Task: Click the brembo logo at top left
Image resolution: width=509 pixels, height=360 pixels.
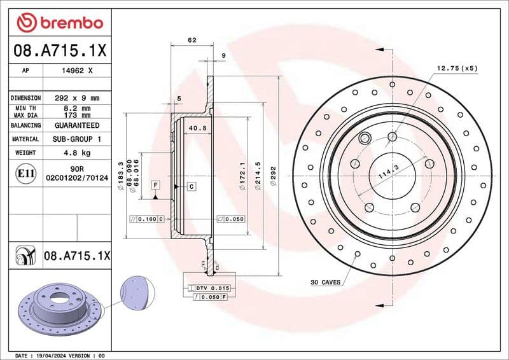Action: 59,23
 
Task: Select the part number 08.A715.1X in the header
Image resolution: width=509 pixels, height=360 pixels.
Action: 59,50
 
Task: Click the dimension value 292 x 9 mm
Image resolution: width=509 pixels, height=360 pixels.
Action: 76,98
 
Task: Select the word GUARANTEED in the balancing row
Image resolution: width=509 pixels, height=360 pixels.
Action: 76,126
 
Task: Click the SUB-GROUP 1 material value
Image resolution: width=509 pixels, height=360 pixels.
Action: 76,139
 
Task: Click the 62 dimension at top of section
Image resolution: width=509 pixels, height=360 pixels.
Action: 192,40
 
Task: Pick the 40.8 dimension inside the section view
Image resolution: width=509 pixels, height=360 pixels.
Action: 195,128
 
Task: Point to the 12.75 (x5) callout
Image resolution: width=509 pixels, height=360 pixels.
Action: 456,67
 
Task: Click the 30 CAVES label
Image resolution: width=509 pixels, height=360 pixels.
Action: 325,281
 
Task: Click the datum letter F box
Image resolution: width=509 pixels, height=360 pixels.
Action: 155,184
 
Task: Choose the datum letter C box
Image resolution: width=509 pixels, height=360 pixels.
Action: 191,186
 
